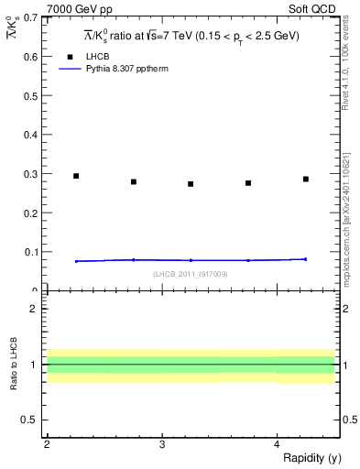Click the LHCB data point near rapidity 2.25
76,176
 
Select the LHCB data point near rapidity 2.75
134,181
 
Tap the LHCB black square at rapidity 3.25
191,184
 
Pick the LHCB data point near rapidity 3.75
248,183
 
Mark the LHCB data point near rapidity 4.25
306,179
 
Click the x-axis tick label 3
161,444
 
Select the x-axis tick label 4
277,444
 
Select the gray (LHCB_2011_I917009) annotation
191,273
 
